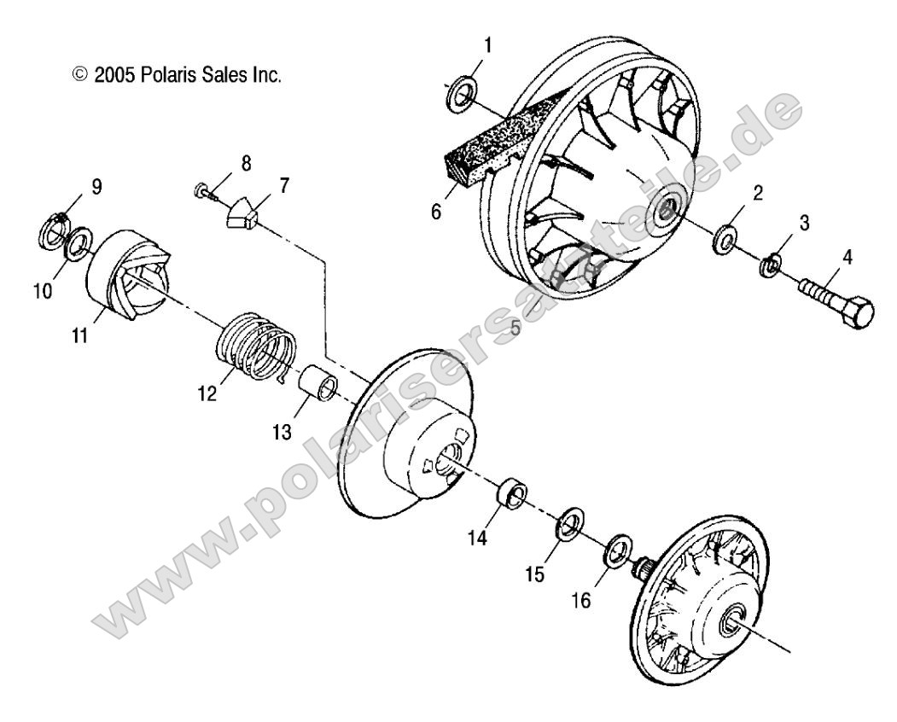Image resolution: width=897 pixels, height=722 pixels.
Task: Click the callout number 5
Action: click(515, 326)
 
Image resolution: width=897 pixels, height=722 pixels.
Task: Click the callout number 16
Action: click(580, 602)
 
